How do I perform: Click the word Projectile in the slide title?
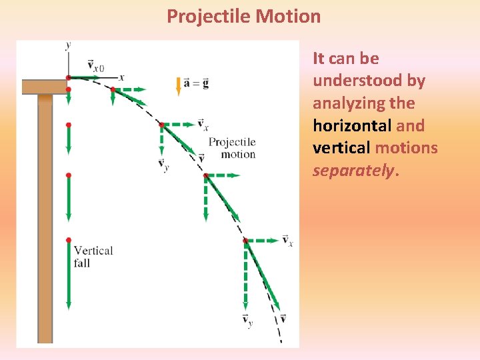[208, 16]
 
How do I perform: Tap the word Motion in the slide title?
[287, 16]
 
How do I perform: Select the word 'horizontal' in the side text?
[352, 125]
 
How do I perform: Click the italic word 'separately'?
[353, 171]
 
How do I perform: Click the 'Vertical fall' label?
[93, 257]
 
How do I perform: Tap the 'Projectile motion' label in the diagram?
[231, 148]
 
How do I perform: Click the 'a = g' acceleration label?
[196, 83]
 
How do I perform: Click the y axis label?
[68, 45]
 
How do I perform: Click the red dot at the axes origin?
[68, 77]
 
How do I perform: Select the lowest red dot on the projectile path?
[245, 240]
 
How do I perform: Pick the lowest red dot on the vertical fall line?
[68, 240]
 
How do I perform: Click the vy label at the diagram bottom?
[247, 321]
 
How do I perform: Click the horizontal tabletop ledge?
[43, 87]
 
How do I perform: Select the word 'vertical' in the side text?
[341, 148]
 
